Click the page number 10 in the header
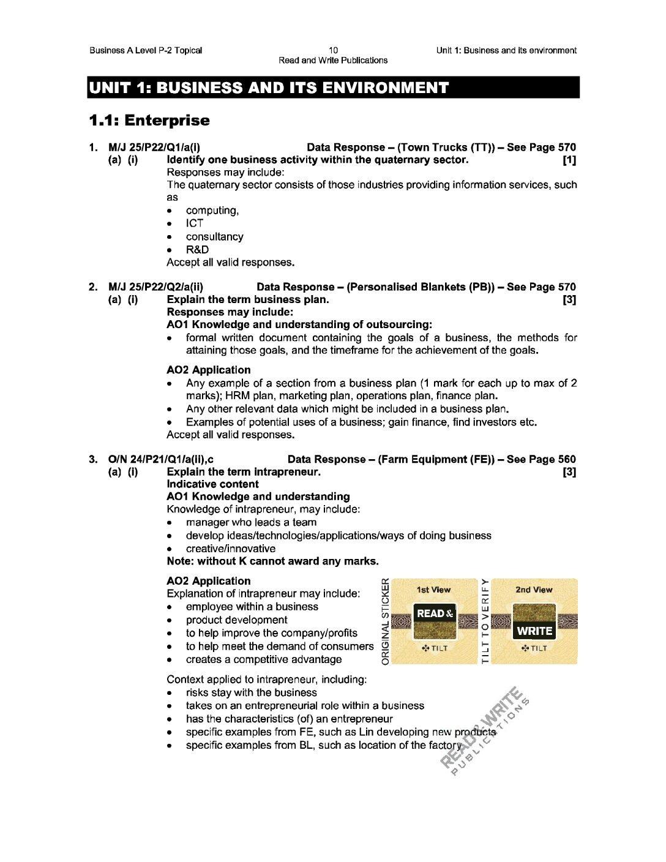[x=333, y=50]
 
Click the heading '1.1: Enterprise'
[x=149, y=121]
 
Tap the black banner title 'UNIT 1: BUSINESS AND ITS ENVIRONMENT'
[x=269, y=88]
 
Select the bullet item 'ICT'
[x=194, y=223]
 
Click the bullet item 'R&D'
[x=197, y=250]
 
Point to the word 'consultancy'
[x=214, y=237]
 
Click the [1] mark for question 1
[x=569, y=160]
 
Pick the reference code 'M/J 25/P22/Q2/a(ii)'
[x=155, y=287]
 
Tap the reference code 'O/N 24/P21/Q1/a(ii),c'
[x=160, y=459]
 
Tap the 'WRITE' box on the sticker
[x=534, y=631]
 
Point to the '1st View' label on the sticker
[x=433, y=590]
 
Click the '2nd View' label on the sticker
[x=534, y=590]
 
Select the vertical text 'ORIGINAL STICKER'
[x=385, y=621]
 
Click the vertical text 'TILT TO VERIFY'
[x=485, y=621]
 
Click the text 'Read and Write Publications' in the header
[x=333, y=60]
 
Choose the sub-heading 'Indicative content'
[x=212, y=484]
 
